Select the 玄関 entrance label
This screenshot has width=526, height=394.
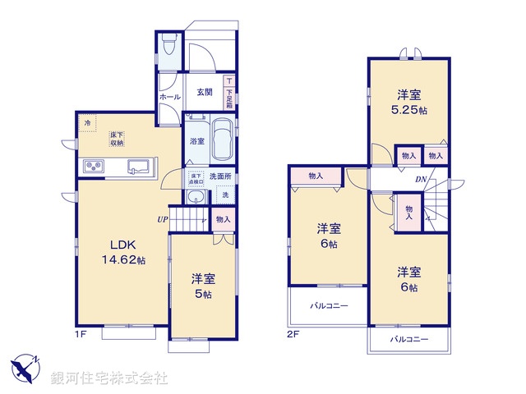205,92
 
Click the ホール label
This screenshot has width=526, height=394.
170,97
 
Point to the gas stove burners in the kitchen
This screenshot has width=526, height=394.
94,167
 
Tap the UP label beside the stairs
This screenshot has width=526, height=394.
164,219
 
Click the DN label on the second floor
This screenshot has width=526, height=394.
420,180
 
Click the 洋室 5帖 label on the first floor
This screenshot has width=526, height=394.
202,285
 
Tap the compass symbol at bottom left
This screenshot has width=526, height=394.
25,367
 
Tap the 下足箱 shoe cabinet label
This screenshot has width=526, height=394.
229,93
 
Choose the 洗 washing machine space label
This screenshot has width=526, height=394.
225,195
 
